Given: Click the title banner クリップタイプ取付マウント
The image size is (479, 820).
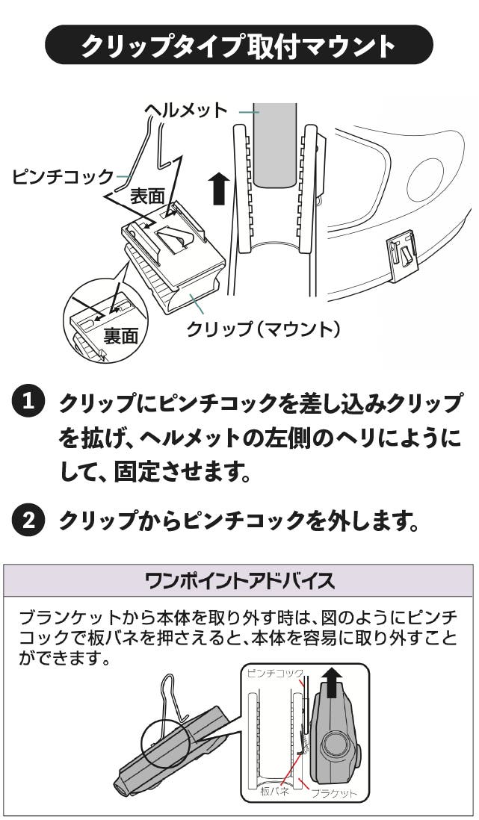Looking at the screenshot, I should pos(239,46).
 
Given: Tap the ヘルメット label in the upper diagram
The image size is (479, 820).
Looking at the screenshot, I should pos(185,110).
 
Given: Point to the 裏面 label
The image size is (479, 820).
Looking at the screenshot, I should pos(121,335).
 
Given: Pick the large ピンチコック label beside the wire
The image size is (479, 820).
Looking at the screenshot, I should pos(63,177).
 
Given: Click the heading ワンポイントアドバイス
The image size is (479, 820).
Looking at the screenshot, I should pos(239,581).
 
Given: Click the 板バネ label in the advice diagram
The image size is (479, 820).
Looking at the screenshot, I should pos(274,792).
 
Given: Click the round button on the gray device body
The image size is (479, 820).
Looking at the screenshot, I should pos(336,745).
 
